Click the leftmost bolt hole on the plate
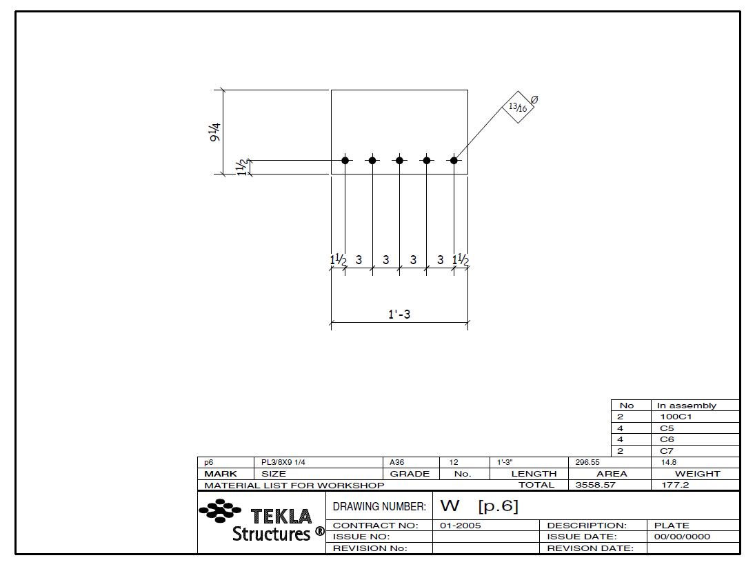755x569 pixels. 345,160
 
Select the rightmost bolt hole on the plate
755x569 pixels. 454,160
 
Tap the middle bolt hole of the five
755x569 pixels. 399,160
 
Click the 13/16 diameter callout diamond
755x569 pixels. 517,107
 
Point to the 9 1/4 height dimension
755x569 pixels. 216,132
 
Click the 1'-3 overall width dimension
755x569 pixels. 399,315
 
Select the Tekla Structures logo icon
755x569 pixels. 220,511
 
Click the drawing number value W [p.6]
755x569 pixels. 479,506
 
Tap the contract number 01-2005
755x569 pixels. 460,526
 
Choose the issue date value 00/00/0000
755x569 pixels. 682,537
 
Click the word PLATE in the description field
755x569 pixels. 672,526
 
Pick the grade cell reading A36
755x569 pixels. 398,463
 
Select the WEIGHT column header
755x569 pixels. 697,474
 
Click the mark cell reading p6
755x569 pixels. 209,463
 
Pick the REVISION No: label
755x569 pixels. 370,548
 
